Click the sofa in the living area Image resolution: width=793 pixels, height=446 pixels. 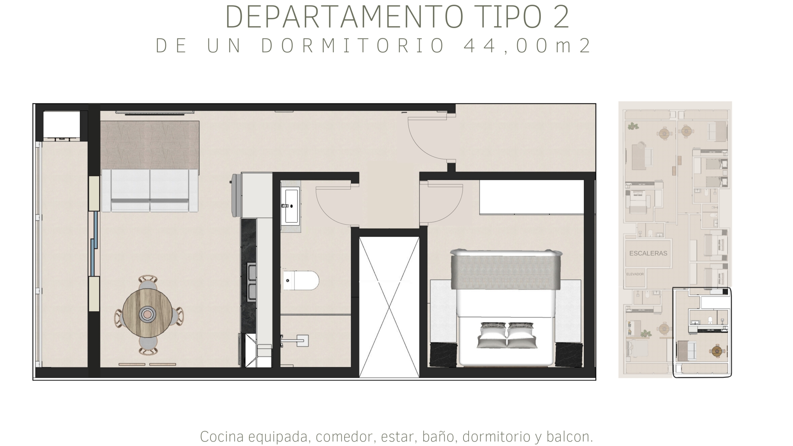pyautogui.click(x=150, y=190)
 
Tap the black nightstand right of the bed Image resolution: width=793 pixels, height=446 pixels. pyautogui.click(x=569, y=355)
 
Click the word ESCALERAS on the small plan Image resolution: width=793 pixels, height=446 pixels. pyautogui.click(x=648, y=253)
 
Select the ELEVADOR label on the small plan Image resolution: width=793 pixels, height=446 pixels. pyautogui.click(x=635, y=274)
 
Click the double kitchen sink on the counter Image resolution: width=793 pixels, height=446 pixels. pyautogui.click(x=252, y=282)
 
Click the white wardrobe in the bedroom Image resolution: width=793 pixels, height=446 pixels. pyautogui.click(x=532, y=197)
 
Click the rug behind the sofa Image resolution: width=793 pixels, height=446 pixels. pyautogui.click(x=150, y=145)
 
